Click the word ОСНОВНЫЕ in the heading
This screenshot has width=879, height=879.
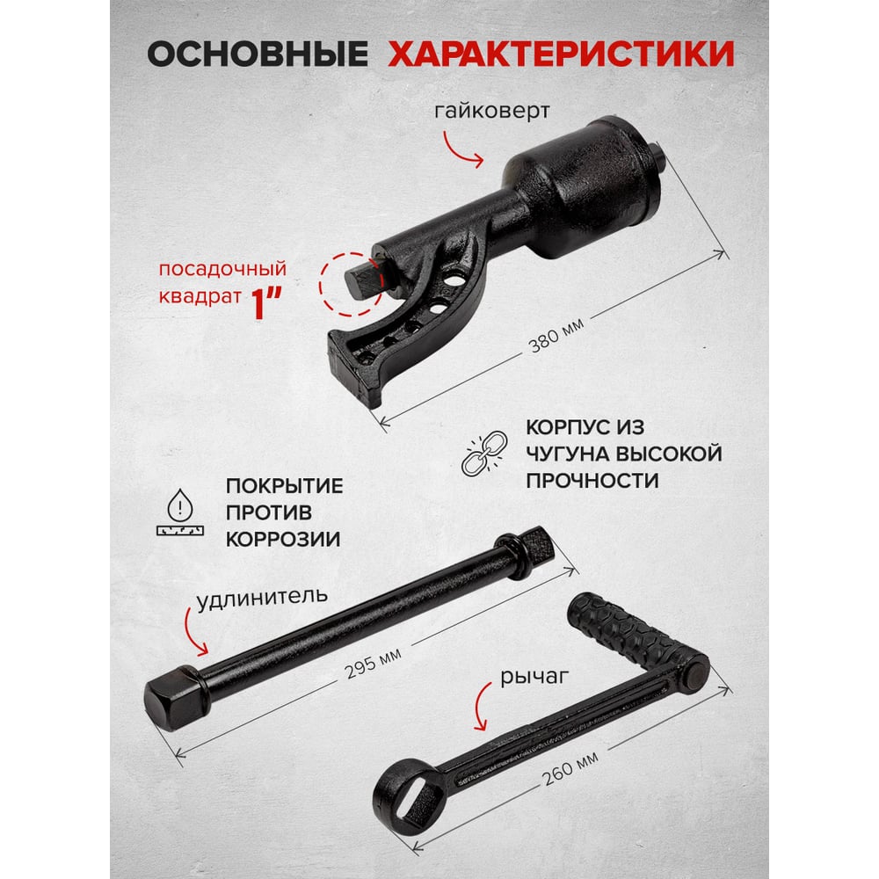258,54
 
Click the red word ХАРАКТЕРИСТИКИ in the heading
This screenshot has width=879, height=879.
561,54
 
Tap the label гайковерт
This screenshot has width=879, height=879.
492,111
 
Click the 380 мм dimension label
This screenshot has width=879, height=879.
556,335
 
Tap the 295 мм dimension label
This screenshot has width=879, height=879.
373,663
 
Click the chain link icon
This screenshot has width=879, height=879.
484,453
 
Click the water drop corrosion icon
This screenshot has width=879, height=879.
180,512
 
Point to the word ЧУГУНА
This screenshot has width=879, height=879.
566,454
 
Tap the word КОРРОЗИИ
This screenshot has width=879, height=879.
283,539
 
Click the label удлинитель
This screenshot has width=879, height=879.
262,598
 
